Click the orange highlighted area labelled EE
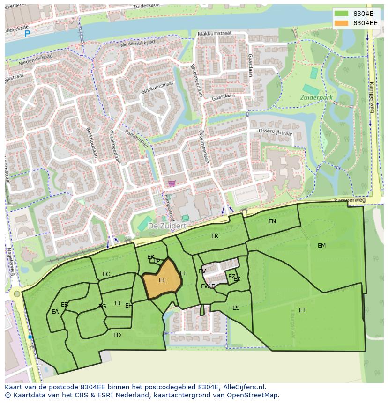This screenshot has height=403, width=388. (162, 281)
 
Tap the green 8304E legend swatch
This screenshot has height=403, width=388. (342, 14)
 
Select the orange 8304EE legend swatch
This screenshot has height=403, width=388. (342, 23)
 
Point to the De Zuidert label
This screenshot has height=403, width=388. (167, 226)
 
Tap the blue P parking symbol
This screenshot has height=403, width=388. (27, 33)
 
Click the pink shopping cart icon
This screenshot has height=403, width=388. (172, 183)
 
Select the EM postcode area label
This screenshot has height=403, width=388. (321, 246)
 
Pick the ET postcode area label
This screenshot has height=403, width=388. (302, 310)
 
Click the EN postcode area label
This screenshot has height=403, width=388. (272, 221)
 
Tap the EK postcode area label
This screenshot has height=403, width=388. (215, 236)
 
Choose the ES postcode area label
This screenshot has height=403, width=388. (236, 308)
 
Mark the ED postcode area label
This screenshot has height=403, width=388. (117, 335)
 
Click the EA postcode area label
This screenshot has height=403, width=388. (55, 312)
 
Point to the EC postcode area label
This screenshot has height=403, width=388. (106, 274)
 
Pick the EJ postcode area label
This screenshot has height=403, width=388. (118, 303)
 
